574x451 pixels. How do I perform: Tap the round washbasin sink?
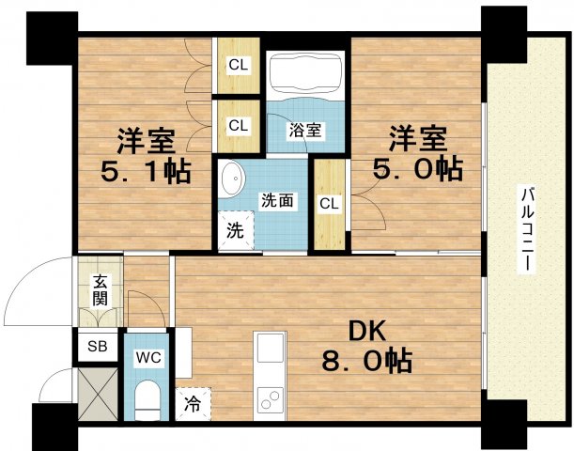point(230,177)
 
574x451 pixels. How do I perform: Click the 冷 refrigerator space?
point(194,405)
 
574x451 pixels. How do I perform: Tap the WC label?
point(147,358)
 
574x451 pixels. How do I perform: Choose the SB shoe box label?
point(97,346)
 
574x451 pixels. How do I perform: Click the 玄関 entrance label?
point(99,292)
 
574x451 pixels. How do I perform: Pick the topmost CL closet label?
point(239,66)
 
